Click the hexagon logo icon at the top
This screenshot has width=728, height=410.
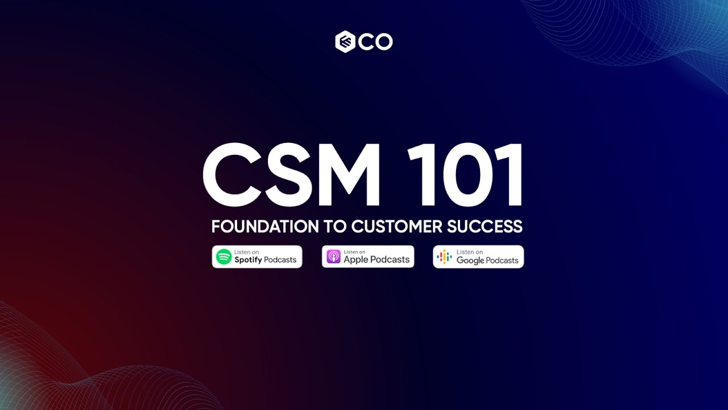pyautogui.click(x=345, y=42)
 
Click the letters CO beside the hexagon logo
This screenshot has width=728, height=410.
pyautogui.click(x=375, y=42)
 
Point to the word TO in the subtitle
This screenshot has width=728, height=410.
pyautogui.click(x=335, y=226)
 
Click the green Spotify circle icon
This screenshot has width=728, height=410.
pyautogui.click(x=224, y=257)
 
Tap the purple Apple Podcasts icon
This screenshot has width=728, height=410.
pyautogui.click(x=333, y=257)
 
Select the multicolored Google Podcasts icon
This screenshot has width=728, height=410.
pyautogui.click(x=444, y=257)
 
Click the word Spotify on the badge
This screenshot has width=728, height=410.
pyautogui.click(x=248, y=260)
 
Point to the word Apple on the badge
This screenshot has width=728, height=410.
pyautogui.click(x=357, y=260)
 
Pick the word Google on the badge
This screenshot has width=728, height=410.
pyautogui.click(x=470, y=260)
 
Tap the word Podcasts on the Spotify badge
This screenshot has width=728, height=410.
pyautogui.click(x=280, y=260)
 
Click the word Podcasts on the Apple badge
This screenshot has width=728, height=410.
pyautogui.click(x=391, y=260)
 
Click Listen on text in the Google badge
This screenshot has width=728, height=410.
pyautogui.click(x=469, y=252)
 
